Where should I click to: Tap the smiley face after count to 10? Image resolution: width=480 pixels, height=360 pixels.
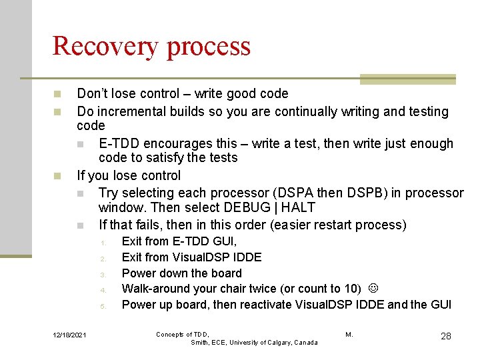(x=373, y=289)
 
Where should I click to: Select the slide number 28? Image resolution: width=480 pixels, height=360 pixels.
(x=445, y=336)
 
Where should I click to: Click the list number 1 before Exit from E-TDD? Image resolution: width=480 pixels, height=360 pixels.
(x=103, y=242)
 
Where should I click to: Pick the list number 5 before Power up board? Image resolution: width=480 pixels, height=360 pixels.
(x=103, y=306)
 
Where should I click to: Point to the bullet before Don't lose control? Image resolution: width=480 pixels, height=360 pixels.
(x=58, y=94)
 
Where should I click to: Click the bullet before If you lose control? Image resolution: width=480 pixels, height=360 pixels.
(x=58, y=177)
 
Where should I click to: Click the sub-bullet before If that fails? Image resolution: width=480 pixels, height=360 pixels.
(x=80, y=225)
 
